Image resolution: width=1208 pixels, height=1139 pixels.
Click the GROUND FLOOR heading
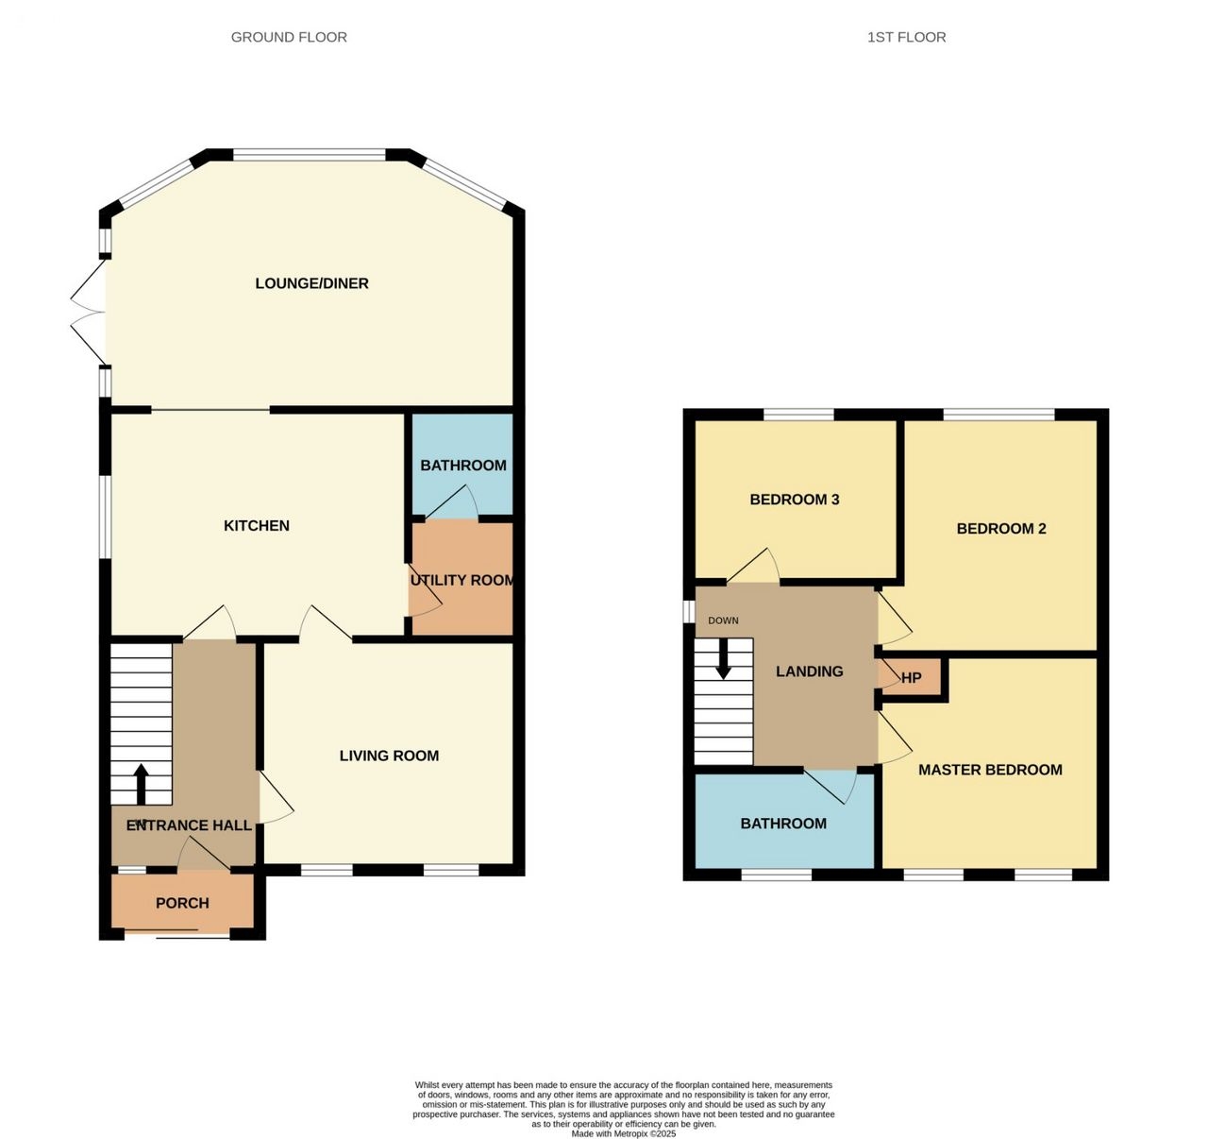tap(289, 37)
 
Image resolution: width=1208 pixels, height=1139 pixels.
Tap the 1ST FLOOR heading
tap(906, 37)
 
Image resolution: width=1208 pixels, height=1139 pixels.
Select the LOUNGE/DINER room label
tap(312, 283)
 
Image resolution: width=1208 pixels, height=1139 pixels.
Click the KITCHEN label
tap(257, 525)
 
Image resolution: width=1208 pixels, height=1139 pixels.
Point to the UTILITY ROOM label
tap(462, 580)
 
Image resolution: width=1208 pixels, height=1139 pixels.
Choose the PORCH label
tap(182, 903)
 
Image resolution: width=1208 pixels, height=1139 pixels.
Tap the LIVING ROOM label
tap(389, 756)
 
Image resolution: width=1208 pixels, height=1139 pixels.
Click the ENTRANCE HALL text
tap(189, 824)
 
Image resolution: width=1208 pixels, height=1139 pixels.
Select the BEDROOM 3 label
tap(795, 500)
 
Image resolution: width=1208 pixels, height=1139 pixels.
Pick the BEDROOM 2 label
tap(1001, 528)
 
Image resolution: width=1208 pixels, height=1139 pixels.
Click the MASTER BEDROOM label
tap(990, 770)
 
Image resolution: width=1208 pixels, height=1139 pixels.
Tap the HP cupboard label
tap(911, 677)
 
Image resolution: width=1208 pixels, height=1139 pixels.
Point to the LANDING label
tap(810, 671)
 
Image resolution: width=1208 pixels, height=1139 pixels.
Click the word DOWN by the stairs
tap(723, 620)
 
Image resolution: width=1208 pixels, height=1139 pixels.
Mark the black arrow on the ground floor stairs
tap(142, 785)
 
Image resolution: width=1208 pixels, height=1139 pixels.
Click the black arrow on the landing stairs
tap(723, 658)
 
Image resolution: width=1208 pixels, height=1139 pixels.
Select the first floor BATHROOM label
tap(783, 823)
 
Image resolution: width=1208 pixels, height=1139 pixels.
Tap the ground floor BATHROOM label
tap(463, 465)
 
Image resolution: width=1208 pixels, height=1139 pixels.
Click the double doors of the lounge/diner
tap(89, 313)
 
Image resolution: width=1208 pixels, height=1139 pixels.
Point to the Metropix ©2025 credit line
tap(624, 1133)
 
